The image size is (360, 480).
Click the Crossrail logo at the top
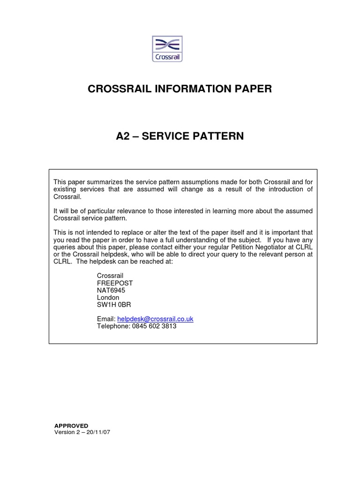(168, 49)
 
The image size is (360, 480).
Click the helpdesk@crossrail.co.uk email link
(155, 319)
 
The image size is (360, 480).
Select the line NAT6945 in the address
(111, 290)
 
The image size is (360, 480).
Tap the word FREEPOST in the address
(115, 283)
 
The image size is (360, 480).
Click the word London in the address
(108, 297)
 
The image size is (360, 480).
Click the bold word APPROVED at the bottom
(71, 426)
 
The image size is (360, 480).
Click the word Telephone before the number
(112, 326)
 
